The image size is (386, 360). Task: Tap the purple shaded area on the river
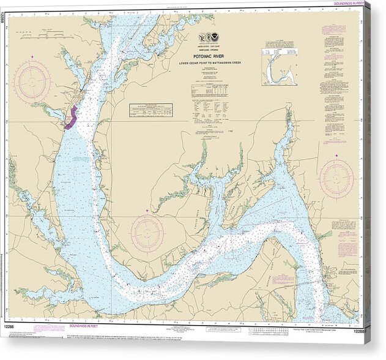point(71,117)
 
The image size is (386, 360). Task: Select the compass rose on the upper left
point(32,81)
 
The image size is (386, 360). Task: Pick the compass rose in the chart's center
point(147,233)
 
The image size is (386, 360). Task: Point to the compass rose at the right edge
point(336,179)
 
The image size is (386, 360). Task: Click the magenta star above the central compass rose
point(147,211)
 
